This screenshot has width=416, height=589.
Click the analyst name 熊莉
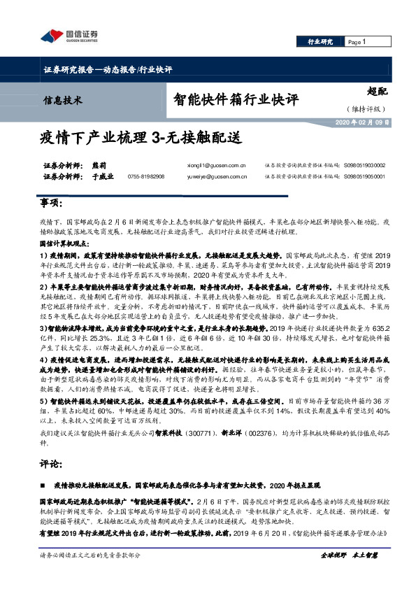[x=101, y=166]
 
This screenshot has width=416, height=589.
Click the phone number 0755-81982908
[x=147, y=177]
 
